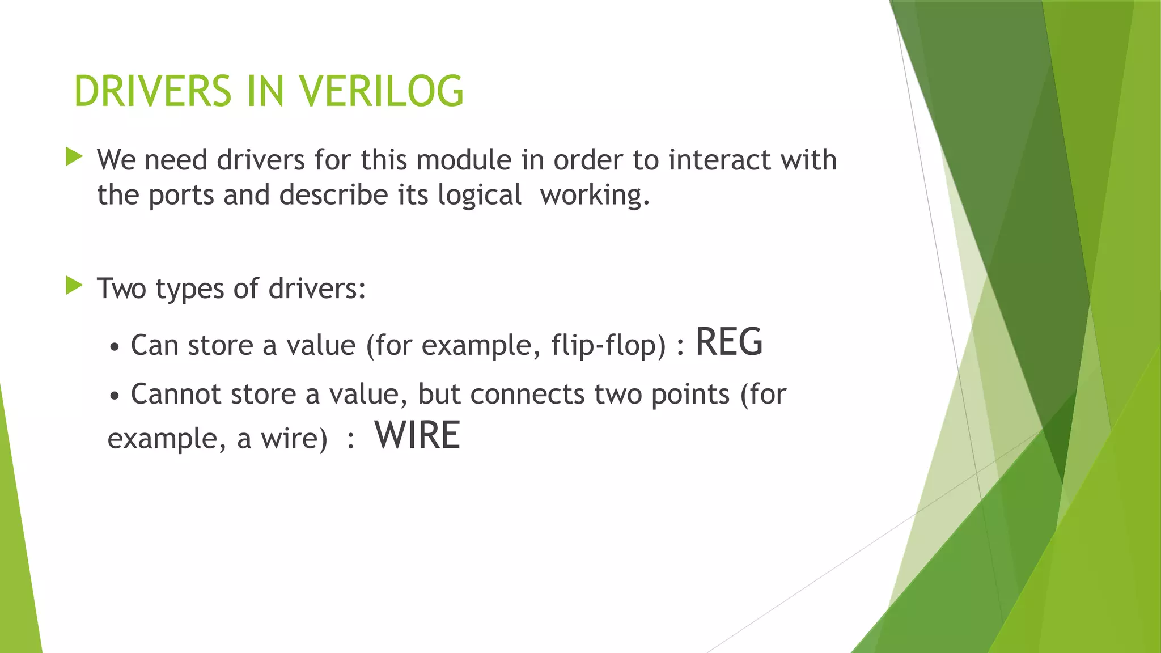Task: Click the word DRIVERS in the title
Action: (152, 91)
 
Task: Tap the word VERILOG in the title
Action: (381, 91)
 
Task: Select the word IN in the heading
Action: (265, 91)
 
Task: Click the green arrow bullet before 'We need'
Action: (74, 157)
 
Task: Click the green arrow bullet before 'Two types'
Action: (74, 286)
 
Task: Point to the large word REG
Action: (729, 342)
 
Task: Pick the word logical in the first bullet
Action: (480, 196)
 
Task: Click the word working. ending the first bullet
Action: (594, 196)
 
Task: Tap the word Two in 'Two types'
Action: (122, 289)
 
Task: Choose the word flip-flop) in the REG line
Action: (608, 345)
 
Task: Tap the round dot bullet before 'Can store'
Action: (115, 347)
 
